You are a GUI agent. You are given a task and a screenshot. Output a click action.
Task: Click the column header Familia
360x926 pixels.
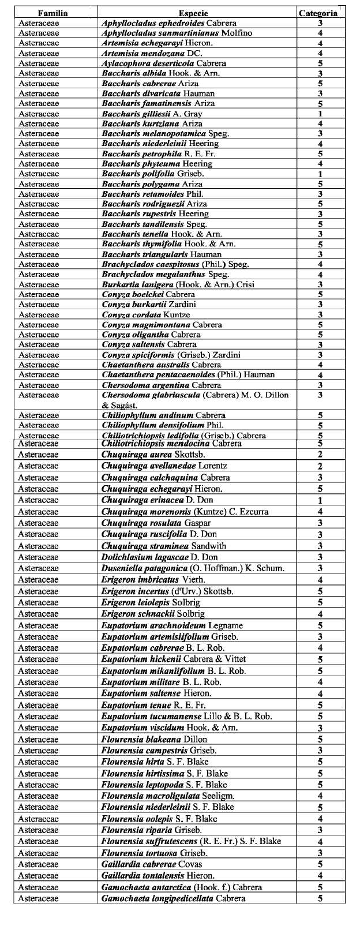click(x=52, y=13)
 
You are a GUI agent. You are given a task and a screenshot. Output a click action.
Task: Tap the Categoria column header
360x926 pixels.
click(x=318, y=13)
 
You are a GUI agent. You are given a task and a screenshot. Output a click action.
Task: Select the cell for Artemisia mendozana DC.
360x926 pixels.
click(x=152, y=53)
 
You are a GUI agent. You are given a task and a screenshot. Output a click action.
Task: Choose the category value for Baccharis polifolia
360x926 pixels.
click(x=320, y=174)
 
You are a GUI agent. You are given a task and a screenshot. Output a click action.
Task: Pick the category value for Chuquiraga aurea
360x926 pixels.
click(x=320, y=455)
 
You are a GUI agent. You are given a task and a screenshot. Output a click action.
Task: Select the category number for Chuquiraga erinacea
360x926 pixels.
click(x=320, y=500)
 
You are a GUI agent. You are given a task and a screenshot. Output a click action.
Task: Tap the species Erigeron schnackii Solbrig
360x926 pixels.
click(x=153, y=614)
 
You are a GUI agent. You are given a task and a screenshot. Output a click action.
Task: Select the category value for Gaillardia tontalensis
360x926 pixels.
click(x=320, y=876)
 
